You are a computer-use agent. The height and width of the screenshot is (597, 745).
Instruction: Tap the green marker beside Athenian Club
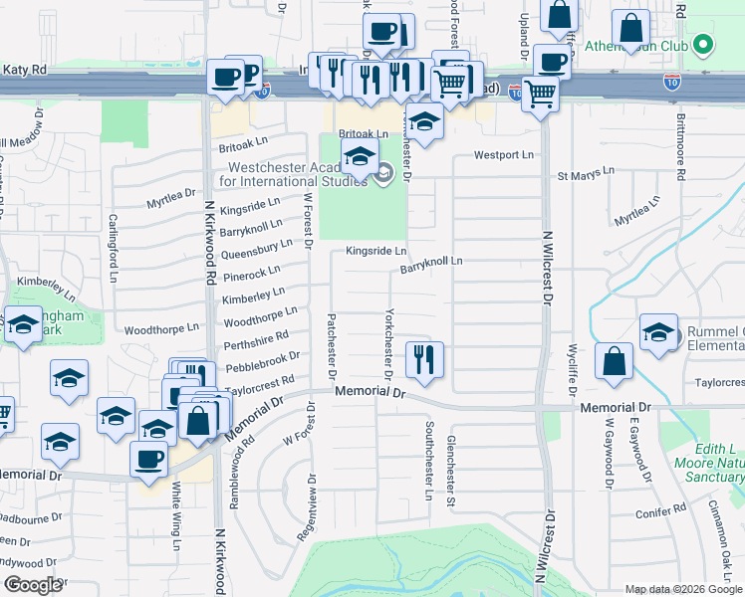pyautogui.click(x=703, y=45)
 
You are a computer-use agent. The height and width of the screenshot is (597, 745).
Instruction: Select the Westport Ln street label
pyautogui.click(x=504, y=155)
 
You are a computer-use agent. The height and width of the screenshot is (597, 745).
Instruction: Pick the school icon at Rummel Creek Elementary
pyautogui.click(x=658, y=335)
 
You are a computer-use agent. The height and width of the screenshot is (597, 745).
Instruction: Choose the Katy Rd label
pyautogui.click(x=24, y=70)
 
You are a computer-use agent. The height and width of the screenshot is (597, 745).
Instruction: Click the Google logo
pyautogui.click(x=33, y=585)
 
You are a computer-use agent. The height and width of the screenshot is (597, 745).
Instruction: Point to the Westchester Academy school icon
pyautogui.click(x=360, y=157)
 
